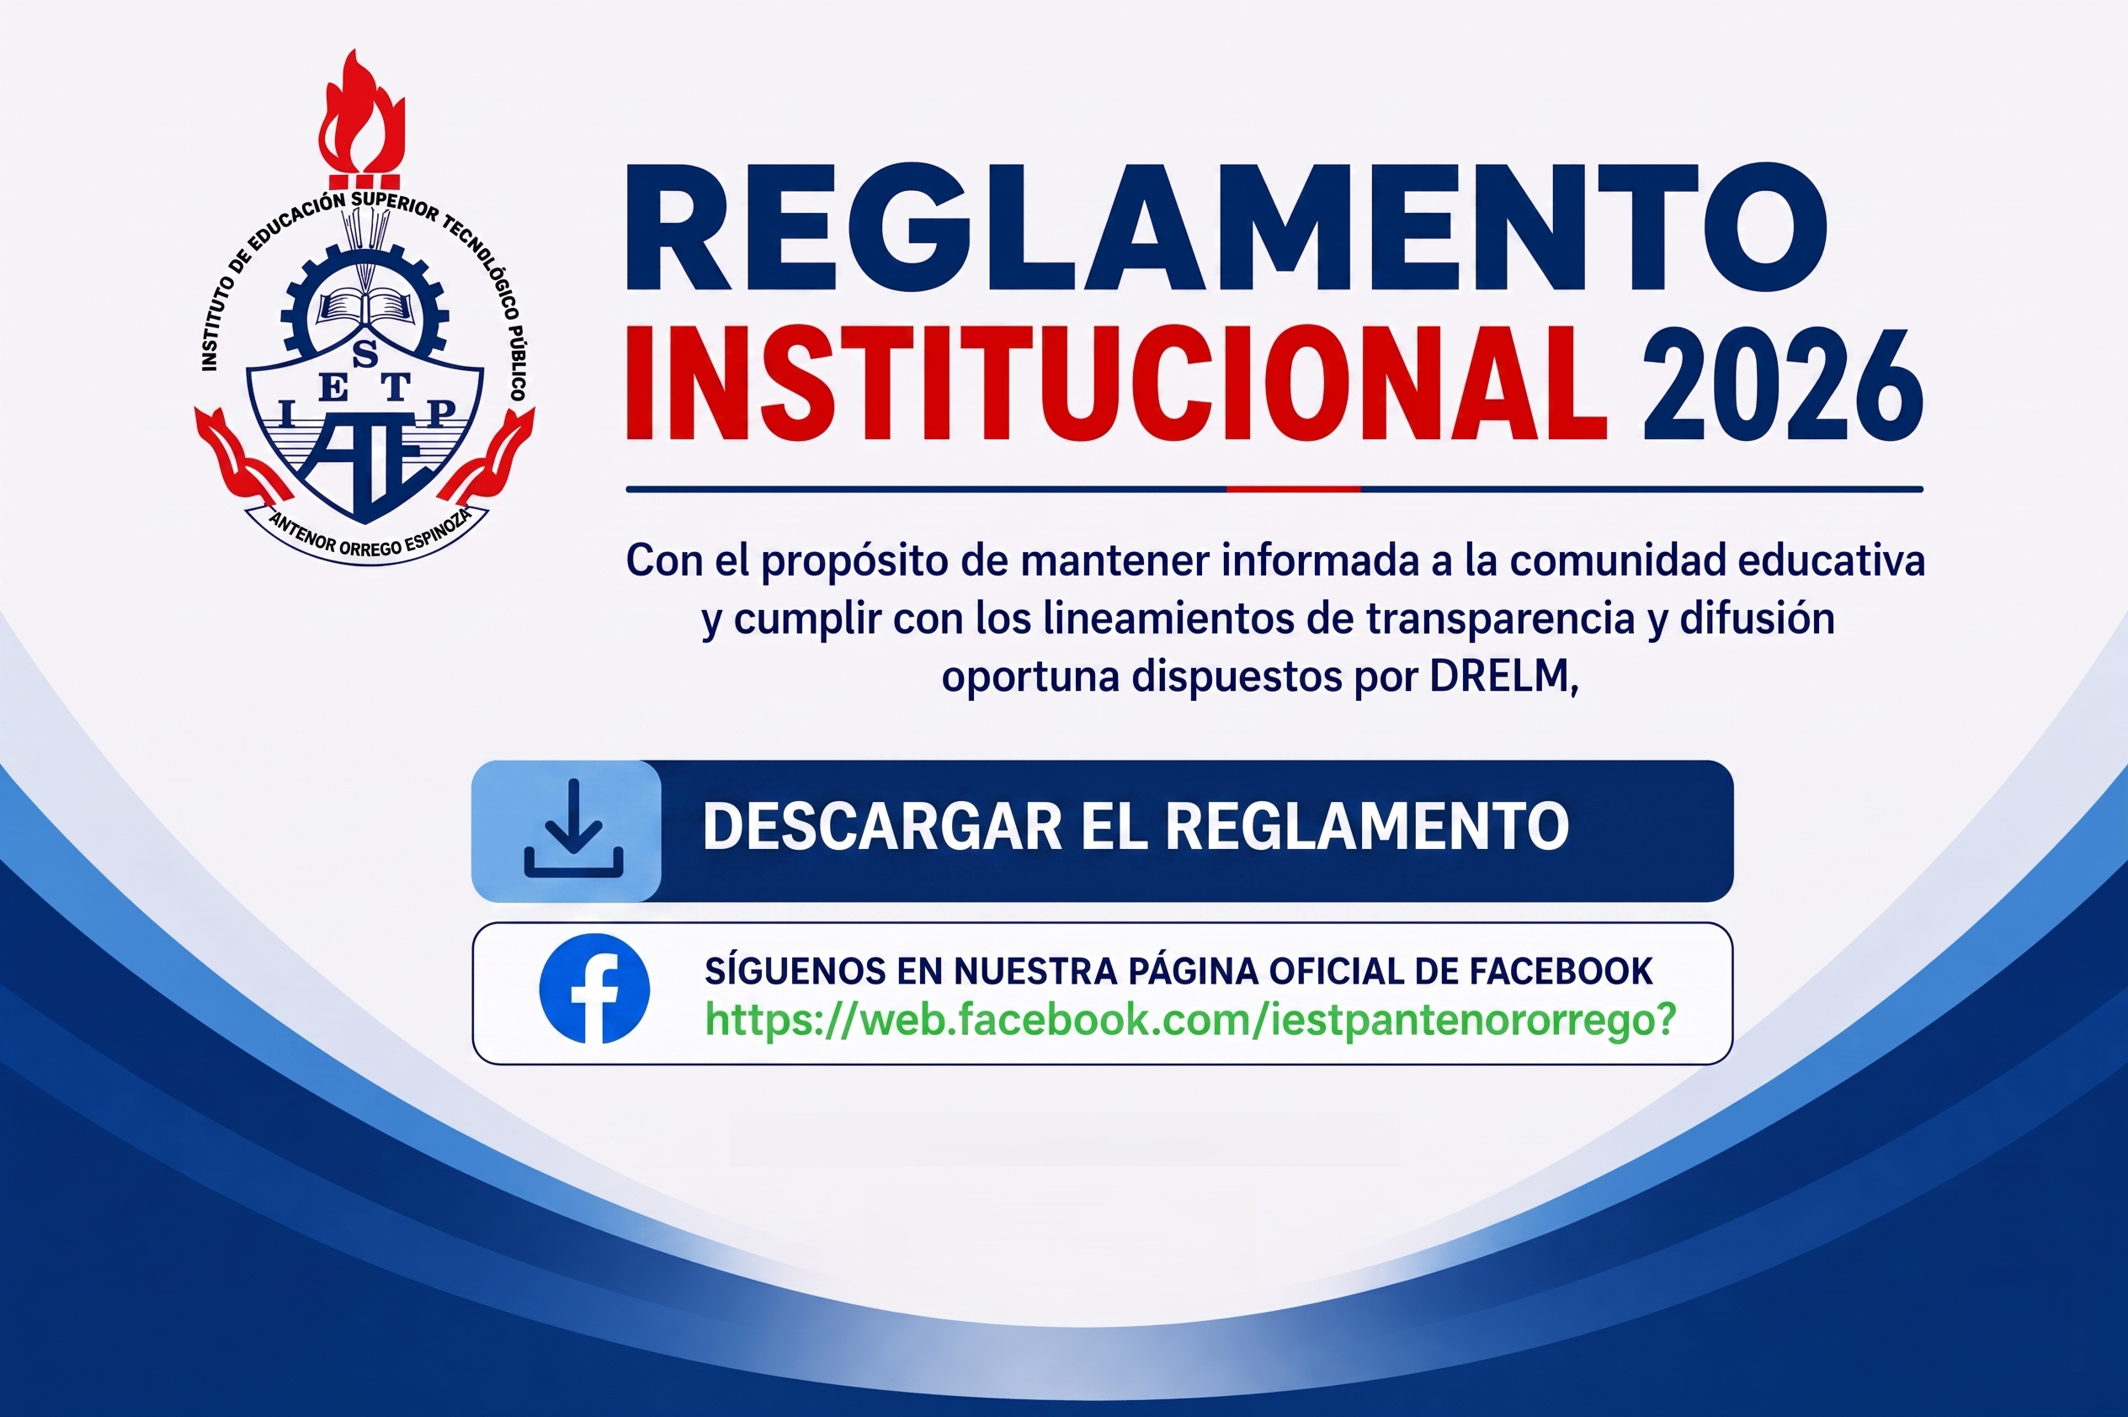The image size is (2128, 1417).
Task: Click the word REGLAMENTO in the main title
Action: pos(1226,227)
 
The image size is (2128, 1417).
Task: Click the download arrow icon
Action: pos(573,829)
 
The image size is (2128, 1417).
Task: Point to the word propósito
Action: pos(854,562)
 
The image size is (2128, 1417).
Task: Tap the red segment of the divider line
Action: pos(1293,489)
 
